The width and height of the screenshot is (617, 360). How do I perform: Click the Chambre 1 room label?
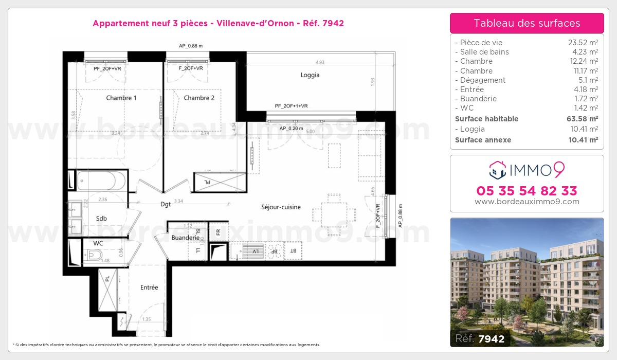(x=121, y=98)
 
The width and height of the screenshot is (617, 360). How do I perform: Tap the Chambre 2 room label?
(x=199, y=98)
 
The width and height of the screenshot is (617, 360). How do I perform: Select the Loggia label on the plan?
(x=310, y=75)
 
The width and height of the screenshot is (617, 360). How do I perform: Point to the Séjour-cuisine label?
(x=280, y=207)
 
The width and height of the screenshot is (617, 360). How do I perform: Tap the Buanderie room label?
(x=185, y=238)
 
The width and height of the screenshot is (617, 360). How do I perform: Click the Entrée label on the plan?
(x=149, y=287)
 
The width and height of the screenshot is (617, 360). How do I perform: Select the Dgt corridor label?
(x=165, y=204)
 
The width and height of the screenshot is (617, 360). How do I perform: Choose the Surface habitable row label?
(x=486, y=119)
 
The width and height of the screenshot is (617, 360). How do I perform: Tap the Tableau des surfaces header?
(x=527, y=23)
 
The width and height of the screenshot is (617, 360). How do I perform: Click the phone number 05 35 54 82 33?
(x=527, y=191)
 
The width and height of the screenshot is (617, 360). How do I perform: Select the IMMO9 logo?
(x=527, y=168)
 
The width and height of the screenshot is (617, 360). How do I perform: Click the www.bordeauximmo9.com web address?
(x=527, y=202)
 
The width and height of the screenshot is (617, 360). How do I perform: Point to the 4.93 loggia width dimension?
(x=320, y=62)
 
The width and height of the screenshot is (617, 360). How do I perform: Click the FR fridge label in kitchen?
(x=218, y=231)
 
